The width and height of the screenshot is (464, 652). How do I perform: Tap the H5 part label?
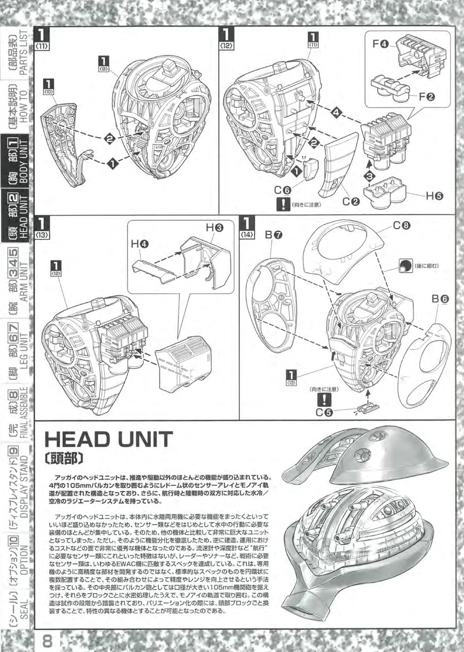434,196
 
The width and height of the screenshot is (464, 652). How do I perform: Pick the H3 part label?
214,226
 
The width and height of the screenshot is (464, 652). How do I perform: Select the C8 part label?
401,226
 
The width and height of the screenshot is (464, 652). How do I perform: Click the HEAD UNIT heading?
109,439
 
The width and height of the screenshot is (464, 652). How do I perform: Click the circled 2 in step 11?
110,138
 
